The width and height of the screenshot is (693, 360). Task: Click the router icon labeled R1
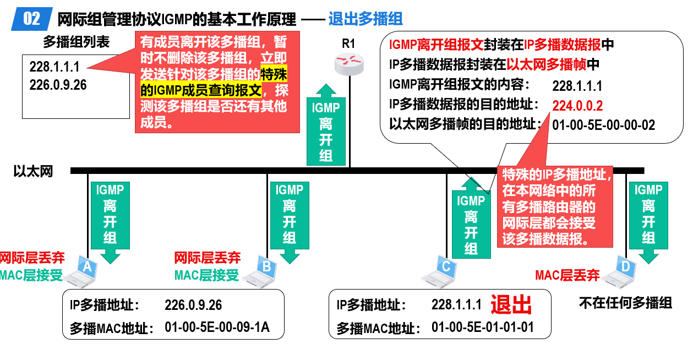[x=350, y=64]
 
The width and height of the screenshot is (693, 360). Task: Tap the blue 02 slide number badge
[x=31, y=19]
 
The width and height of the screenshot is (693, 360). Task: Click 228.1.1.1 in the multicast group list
[x=54, y=67]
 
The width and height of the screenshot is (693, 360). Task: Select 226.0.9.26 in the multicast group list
[x=58, y=85]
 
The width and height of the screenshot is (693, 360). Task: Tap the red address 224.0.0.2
[x=577, y=106]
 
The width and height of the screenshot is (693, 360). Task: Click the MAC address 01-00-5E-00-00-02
[x=604, y=125]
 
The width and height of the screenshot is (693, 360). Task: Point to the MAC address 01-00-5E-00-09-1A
[x=217, y=327]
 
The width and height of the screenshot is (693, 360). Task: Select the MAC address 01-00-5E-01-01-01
[x=483, y=327]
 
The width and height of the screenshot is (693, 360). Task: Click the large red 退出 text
[x=511, y=305]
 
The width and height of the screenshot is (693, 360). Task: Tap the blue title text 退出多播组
[x=365, y=19]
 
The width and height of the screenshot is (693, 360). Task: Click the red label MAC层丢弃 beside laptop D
[x=567, y=275]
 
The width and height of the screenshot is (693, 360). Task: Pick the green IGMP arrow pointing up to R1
[x=326, y=124]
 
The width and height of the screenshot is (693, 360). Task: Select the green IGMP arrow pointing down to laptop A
[x=110, y=223]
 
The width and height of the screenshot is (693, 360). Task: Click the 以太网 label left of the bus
[x=33, y=171]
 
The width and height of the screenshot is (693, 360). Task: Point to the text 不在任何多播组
[x=625, y=303]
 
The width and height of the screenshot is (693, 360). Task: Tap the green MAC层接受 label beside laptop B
[x=206, y=275]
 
